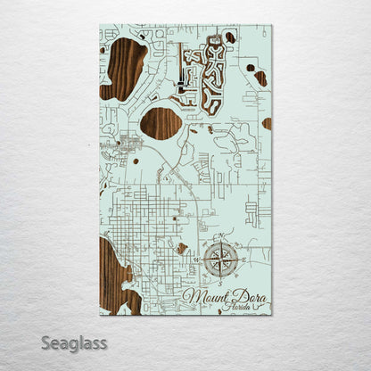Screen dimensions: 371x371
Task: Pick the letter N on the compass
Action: pos(220,238)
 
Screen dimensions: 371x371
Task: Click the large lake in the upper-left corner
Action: pos(124,69)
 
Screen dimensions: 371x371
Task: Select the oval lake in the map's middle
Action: pos(161,123)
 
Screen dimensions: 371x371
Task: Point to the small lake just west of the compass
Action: pos(182,249)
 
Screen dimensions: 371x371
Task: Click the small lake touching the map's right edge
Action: pos(267,123)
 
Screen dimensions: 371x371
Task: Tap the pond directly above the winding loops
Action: pos(229,38)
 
